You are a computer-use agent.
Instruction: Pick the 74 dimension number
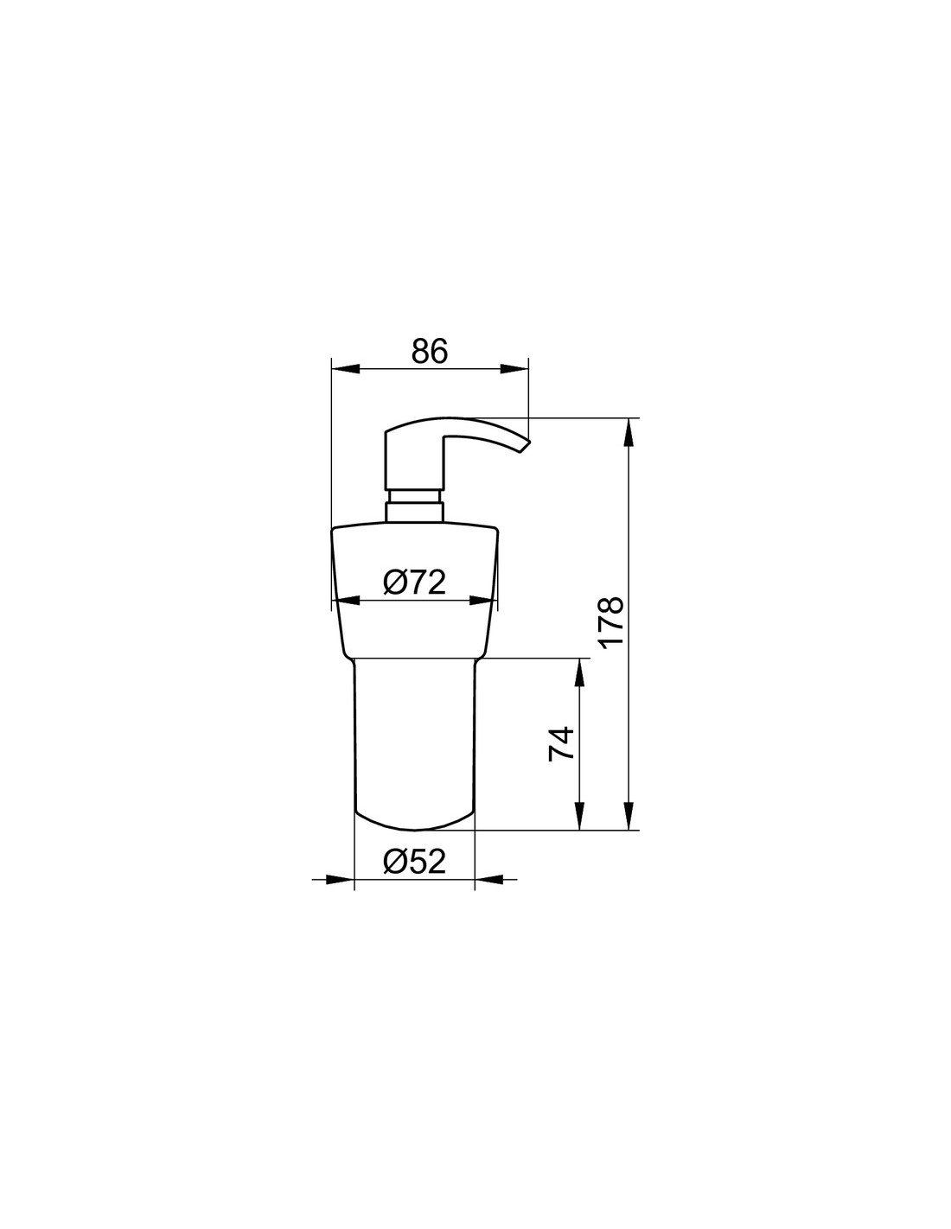click(561, 744)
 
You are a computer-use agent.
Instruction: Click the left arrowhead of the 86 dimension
click(345, 369)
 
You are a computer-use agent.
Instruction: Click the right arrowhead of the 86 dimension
click(514, 369)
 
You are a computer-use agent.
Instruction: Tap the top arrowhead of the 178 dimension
click(629, 432)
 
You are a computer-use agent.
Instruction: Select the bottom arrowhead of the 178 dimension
click(629, 816)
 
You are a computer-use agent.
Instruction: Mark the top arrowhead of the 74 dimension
click(579, 672)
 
